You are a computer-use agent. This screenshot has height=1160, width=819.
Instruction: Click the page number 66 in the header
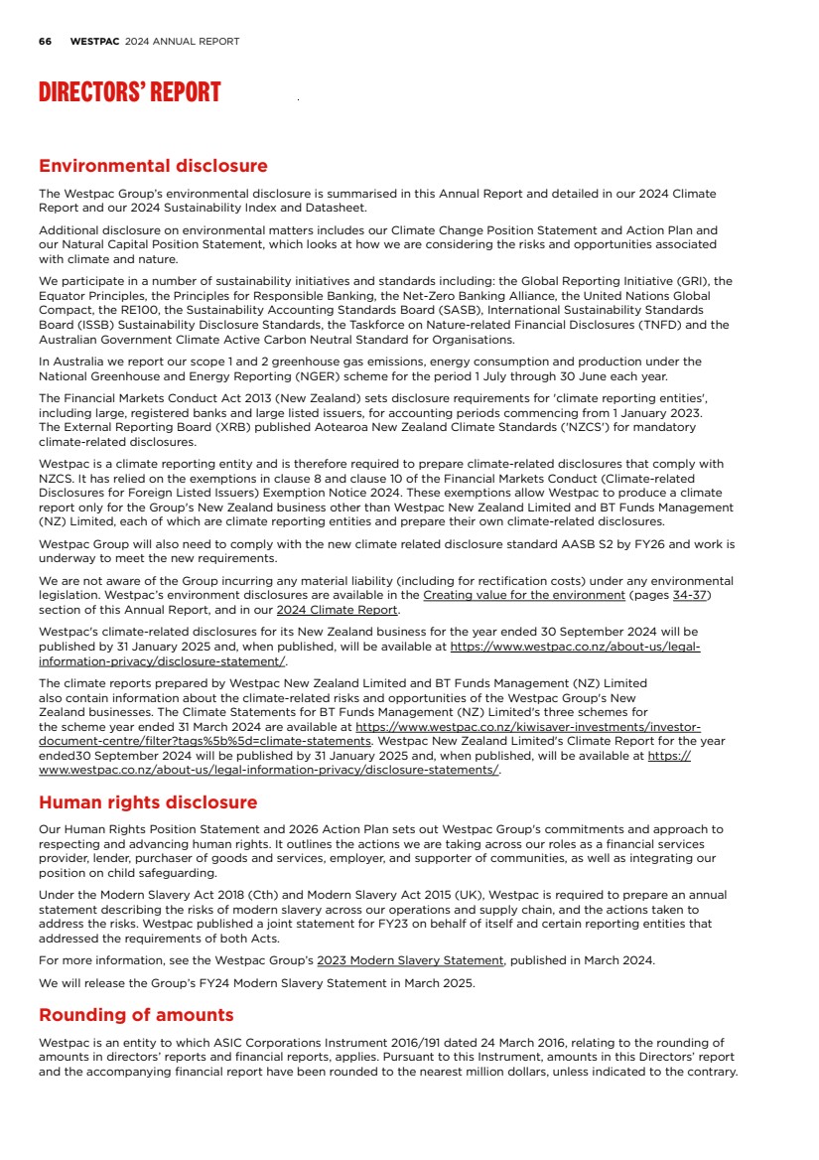pos(45,42)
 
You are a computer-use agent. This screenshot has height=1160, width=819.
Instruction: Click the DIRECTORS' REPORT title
pos(129,93)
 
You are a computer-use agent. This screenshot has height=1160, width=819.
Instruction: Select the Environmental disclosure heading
pos(153,166)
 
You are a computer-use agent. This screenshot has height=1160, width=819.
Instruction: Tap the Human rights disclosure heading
pos(148,801)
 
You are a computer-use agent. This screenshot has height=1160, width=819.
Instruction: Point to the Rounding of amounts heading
pos(136,1014)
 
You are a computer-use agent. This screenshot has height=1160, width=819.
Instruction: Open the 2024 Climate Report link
pos(337,610)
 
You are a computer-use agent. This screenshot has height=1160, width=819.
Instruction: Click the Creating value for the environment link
pos(524,595)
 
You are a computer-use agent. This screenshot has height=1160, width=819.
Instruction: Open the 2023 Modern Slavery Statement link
pos(410,960)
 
